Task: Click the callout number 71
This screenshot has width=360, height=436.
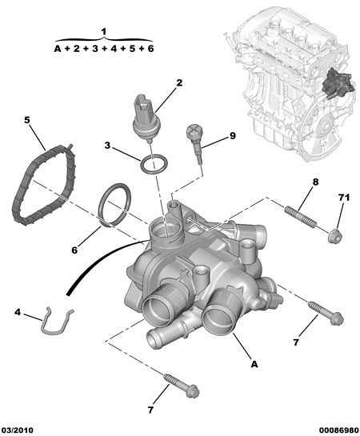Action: click(343, 198)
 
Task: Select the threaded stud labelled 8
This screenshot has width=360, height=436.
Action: click(301, 215)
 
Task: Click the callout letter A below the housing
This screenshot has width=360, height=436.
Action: click(254, 364)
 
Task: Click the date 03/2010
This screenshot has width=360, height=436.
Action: click(18, 430)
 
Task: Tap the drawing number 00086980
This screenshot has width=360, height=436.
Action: click(338, 430)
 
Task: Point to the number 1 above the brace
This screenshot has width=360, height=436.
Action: click(104, 32)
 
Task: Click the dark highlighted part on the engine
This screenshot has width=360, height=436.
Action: click(338, 84)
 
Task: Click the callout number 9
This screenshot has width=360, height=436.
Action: click(233, 136)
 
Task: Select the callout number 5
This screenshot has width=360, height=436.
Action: click(26, 120)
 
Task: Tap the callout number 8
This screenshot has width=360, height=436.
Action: click(315, 182)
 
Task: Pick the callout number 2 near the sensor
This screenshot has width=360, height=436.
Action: click(179, 82)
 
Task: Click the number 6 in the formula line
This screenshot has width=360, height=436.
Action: click(150, 49)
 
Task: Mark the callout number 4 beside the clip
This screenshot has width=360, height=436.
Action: click(18, 312)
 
